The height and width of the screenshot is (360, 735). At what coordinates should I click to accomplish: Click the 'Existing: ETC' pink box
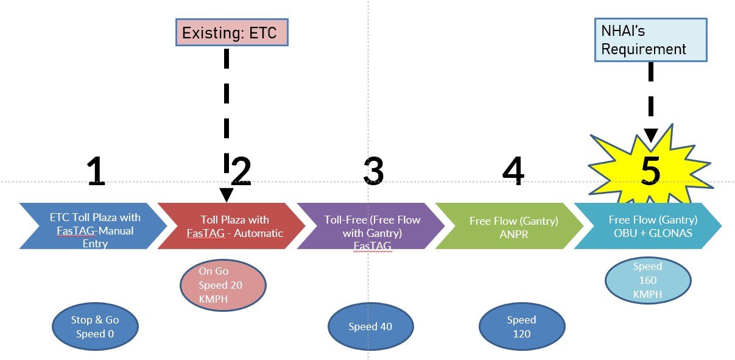(231, 34)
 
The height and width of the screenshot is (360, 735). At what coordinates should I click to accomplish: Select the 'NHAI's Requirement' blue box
(650, 40)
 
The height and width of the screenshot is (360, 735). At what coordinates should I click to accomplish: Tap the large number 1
(95, 171)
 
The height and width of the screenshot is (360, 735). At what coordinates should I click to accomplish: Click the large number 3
(373, 171)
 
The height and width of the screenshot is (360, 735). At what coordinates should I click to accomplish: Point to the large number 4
(513, 171)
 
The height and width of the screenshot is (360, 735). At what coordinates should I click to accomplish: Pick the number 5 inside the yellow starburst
(650, 171)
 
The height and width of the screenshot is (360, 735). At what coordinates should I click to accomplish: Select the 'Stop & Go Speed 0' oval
(96, 326)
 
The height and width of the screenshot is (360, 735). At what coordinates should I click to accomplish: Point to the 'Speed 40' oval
(370, 326)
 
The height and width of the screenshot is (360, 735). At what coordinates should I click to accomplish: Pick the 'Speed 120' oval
(522, 326)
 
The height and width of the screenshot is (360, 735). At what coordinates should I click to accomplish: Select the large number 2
(241, 171)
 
